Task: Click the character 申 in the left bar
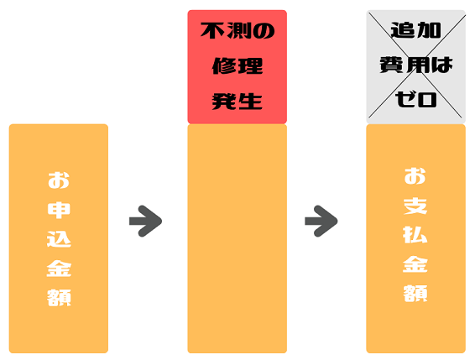[x=59, y=210]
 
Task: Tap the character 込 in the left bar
[x=59, y=239]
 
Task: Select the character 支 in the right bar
[x=415, y=206]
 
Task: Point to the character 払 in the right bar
[x=415, y=235]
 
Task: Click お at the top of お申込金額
[x=59, y=180]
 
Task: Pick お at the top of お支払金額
[x=415, y=176]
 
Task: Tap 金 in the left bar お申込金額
[x=59, y=269]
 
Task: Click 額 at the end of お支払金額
[x=415, y=293]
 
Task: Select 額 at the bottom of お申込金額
[x=59, y=298]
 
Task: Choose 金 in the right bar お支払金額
[x=415, y=264]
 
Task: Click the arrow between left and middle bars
[x=145, y=222]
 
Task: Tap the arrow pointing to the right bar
[x=321, y=222]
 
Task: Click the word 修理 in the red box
[x=237, y=65]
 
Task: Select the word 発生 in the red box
[x=237, y=102]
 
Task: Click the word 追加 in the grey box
[x=415, y=30]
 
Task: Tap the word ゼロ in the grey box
[x=415, y=99]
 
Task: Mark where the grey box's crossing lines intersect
[x=415, y=66]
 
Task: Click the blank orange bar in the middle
[x=237, y=238]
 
